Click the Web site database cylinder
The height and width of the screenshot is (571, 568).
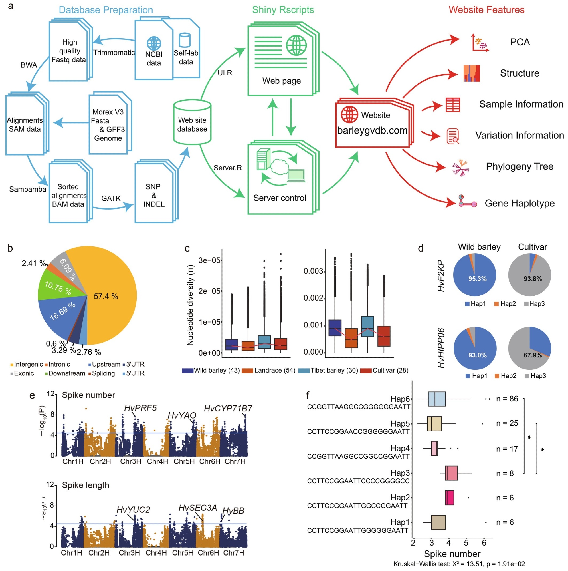pos(192,122)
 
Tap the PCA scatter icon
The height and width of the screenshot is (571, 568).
pos(480,43)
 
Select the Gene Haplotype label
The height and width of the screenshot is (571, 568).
pos(520,203)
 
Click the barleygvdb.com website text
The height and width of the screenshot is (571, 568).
pos(372,130)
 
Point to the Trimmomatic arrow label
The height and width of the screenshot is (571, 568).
pos(114,53)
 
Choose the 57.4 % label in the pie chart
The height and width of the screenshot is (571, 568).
pos(106,296)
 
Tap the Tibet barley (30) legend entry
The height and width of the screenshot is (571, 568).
pos(328,370)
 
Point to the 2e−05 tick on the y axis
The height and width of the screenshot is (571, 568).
pos(209,291)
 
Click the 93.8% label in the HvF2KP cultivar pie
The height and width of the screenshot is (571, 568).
pos(533,279)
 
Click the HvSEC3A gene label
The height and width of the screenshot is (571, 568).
pos(198,508)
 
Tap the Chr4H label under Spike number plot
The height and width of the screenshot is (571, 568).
pos(157,461)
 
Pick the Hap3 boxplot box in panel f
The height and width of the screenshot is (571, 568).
pos(451,473)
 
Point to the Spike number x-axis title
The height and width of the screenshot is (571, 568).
pos(452,554)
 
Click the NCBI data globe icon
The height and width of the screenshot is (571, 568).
pos(154,43)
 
